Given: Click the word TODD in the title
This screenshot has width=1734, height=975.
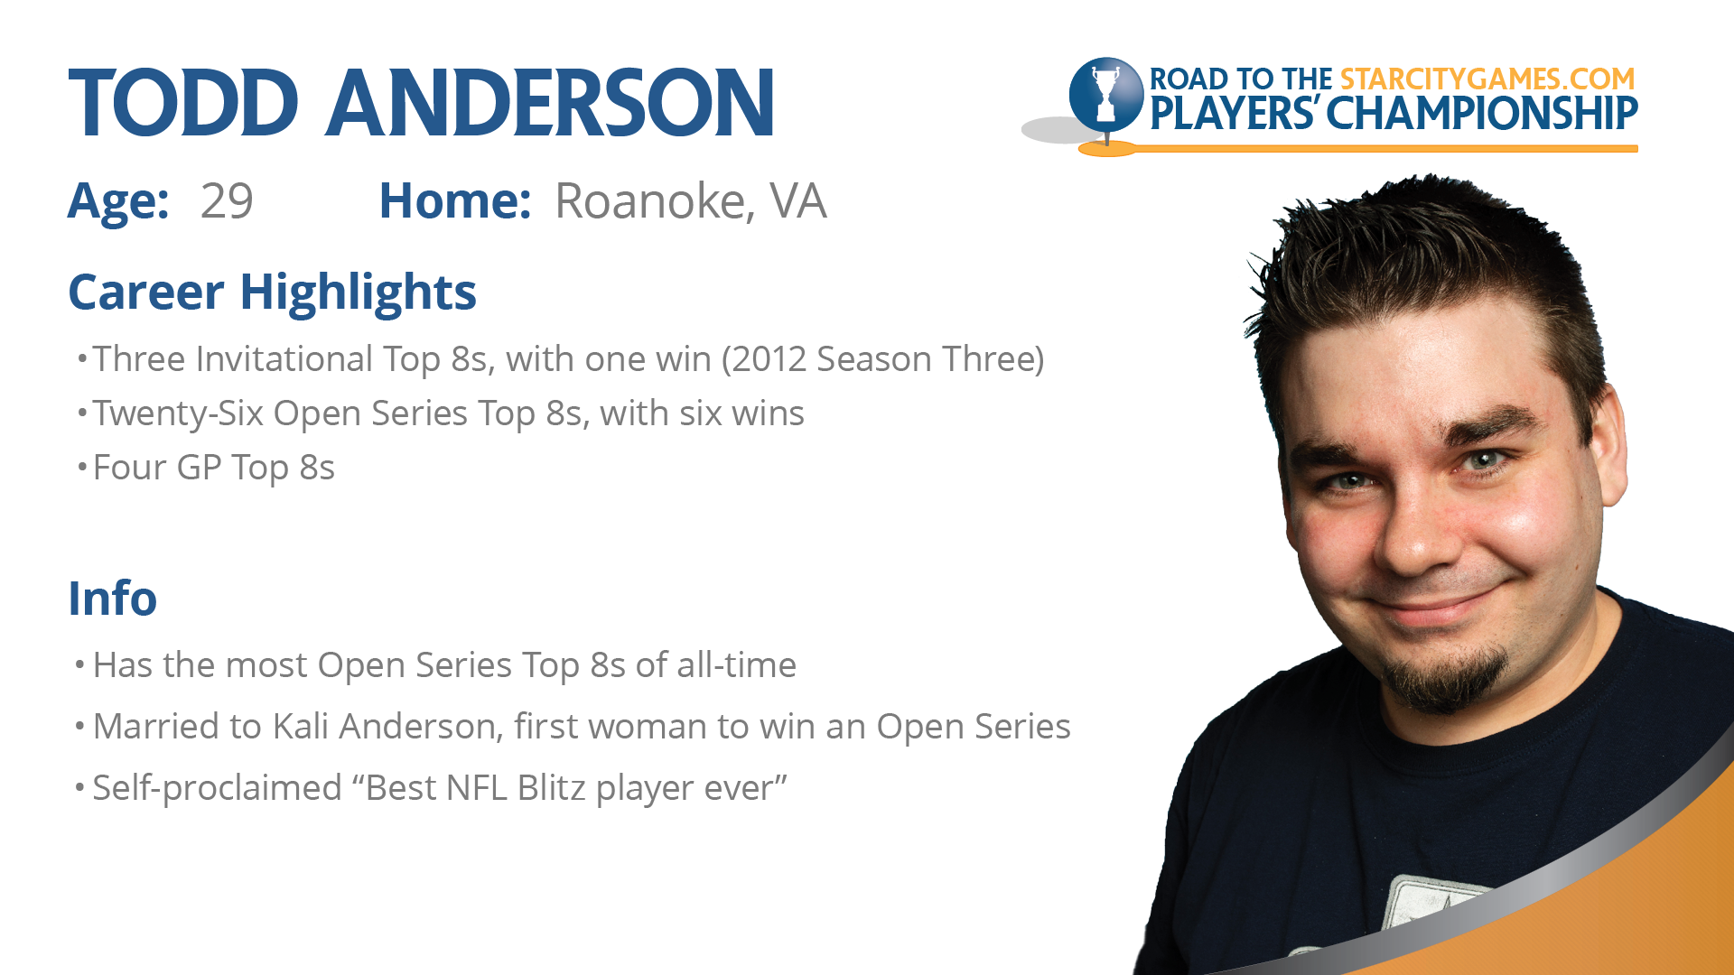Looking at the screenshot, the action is point(183,103).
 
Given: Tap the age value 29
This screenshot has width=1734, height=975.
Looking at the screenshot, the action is point(227,200).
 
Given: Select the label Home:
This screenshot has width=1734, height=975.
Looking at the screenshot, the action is point(455,200).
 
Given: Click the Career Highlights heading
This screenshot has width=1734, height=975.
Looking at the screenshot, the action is point(272,292).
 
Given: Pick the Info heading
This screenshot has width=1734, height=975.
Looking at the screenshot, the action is point(113,598).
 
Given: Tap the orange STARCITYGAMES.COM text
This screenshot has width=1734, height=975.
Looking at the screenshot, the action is point(1487,79).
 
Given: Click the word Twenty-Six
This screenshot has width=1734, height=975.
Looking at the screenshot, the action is point(179,414).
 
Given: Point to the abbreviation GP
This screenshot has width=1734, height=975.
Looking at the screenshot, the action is point(199,468).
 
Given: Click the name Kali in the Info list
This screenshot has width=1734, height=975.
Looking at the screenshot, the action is point(301,726).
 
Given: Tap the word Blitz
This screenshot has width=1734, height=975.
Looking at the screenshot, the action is point(551,787).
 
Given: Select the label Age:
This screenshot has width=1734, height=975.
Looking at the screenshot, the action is point(118,201).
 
